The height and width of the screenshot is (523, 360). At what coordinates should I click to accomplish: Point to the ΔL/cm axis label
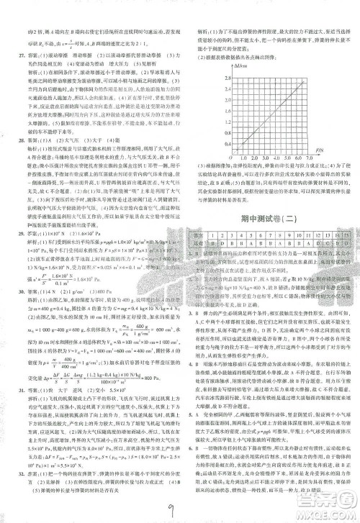(x=238, y=65)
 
